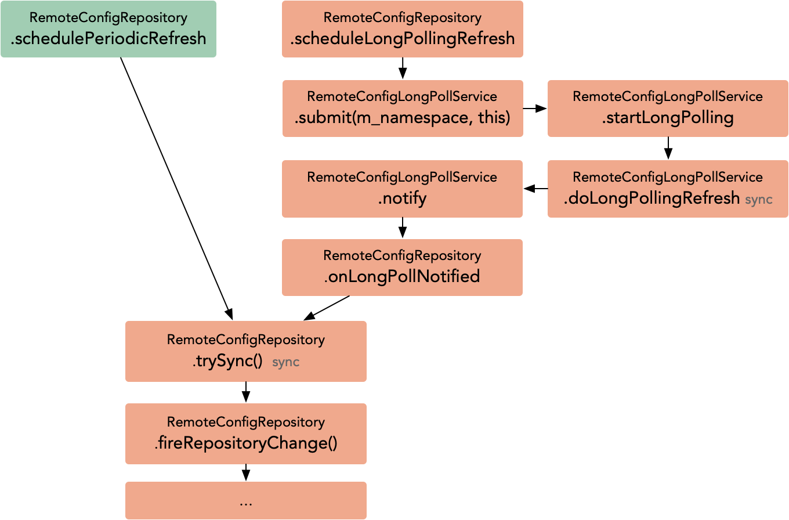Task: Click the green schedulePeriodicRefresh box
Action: [x=108, y=29]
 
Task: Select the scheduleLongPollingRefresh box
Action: [x=402, y=29]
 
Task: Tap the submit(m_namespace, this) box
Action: [x=402, y=109]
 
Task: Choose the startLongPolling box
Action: [x=668, y=109]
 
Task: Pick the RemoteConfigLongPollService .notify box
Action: [x=402, y=189]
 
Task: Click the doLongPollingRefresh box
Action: [x=668, y=189]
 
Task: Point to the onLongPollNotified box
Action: [x=402, y=268]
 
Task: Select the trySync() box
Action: [x=245, y=351]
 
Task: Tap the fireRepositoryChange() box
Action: [x=245, y=434]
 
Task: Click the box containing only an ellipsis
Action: [x=245, y=500]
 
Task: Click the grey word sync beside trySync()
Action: [x=285, y=362]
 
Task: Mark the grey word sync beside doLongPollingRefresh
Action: [x=758, y=199]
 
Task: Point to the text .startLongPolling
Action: [x=668, y=118]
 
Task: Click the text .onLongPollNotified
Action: [x=402, y=276]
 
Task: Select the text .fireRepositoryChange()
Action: [x=245, y=444]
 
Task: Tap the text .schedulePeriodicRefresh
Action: [x=108, y=38]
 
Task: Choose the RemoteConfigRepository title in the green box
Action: [x=108, y=17]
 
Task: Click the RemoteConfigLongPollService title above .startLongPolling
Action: [x=668, y=96]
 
